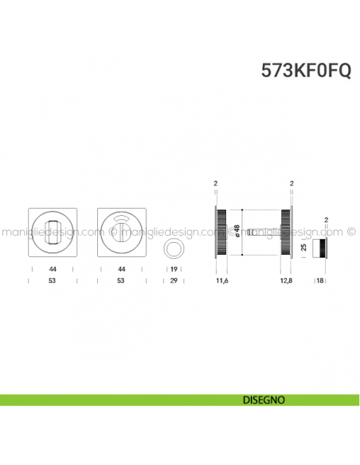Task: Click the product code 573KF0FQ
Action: pos(305,69)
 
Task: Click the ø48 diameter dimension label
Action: pos(237,231)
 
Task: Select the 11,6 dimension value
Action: pos(221,281)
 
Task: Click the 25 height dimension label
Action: pos(303,248)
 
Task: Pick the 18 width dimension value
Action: pos(320,281)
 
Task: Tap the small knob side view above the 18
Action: pos(319,247)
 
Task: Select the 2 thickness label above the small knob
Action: pos(326,219)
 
